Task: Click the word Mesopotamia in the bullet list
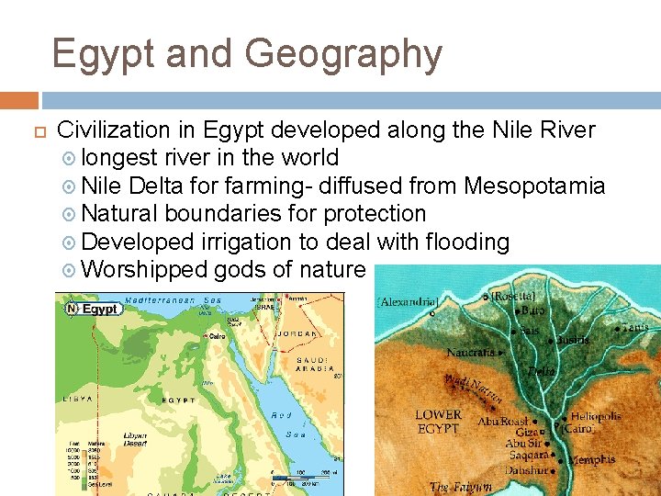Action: click(x=534, y=186)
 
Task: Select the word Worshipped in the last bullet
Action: click(x=146, y=269)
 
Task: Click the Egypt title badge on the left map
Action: click(x=93, y=309)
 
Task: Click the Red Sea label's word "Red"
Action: click(x=281, y=415)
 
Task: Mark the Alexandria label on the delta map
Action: click(x=409, y=302)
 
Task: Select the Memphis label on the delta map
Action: click(x=592, y=459)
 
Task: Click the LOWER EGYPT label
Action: click(x=438, y=422)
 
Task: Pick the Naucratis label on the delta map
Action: click(x=470, y=353)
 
